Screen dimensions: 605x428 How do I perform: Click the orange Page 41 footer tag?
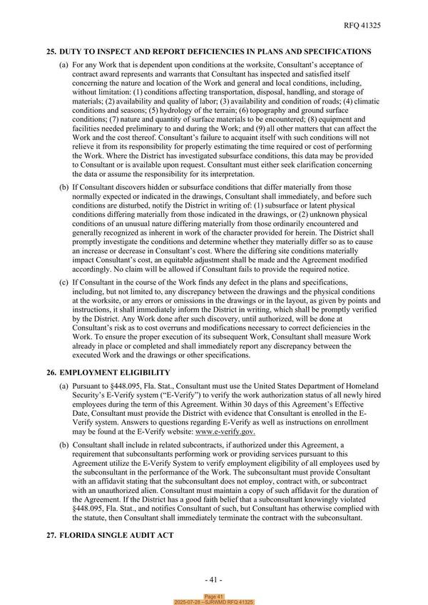(x=214, y=596)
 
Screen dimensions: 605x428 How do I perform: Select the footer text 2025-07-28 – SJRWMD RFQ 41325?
(x=214, y=602)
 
